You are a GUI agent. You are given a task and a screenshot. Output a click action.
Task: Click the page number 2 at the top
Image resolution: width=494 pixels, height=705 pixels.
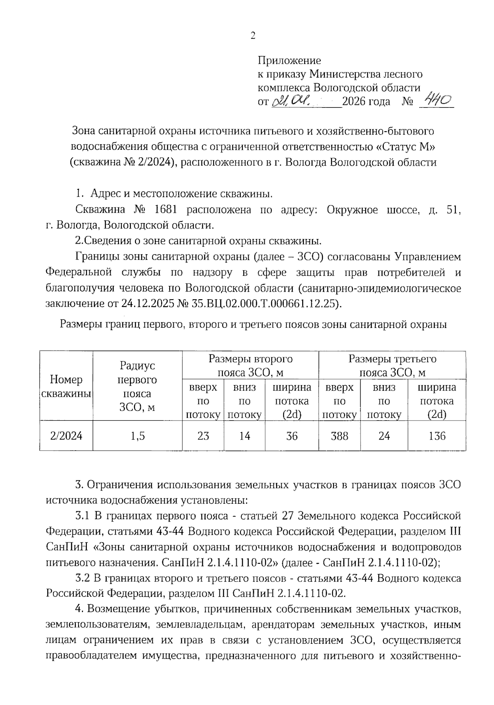pos(253,36)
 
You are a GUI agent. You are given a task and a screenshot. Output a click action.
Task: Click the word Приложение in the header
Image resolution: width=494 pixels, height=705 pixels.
pos(289,61)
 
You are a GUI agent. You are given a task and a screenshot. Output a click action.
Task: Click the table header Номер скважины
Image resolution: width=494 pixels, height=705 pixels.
pos(66,386)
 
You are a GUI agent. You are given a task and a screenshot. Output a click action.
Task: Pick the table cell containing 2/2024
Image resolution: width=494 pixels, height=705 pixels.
pos(66,435)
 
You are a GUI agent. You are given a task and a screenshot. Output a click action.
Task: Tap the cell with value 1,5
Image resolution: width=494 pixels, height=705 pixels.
pos(137,435)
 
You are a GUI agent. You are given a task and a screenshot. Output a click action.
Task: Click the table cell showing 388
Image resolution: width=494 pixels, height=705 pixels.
pos(339,435)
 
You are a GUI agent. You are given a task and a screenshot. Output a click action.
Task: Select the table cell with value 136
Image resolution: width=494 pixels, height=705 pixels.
pos(437,435)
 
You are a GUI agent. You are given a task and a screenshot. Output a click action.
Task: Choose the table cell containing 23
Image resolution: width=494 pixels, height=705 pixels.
pos(203,435)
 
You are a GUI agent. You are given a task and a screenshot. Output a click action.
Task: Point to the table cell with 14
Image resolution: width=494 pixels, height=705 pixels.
pos(245,435)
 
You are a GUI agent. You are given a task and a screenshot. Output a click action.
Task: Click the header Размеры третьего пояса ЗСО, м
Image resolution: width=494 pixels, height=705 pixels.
pos(392,365)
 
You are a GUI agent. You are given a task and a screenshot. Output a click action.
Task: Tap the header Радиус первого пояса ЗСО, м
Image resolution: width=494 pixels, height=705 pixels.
pos(137,386)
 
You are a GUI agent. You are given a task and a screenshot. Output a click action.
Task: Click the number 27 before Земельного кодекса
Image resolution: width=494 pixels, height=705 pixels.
pos(288,516)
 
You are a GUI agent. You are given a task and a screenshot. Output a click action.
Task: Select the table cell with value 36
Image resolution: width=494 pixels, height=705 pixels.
pos(291,435)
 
